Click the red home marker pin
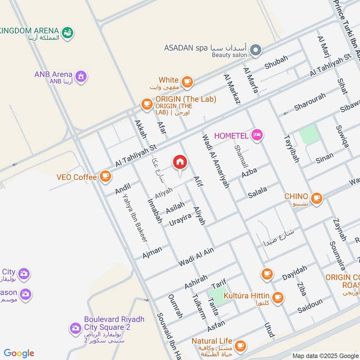pyautogui.click(x=180, y=162)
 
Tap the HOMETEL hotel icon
pyautogui.click(x=257, y=135)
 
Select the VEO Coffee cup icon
pyautogui.click(x=105, y=177)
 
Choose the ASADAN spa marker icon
pyautogui.click(x=256, y=49)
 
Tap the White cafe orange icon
pyautogui.click(x=187, y=81)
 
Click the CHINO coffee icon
pyautogui.click(x=316, y=198)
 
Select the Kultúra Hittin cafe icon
pyautogui.click(x=278, y=297)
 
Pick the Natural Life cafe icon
pyautogui.click(x=240, y=345)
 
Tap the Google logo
pyautogui.click(x=19, y=353)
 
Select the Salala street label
pyautogui.click(x=257, y=192)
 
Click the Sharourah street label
pyautogui.click(x=309, y=102)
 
